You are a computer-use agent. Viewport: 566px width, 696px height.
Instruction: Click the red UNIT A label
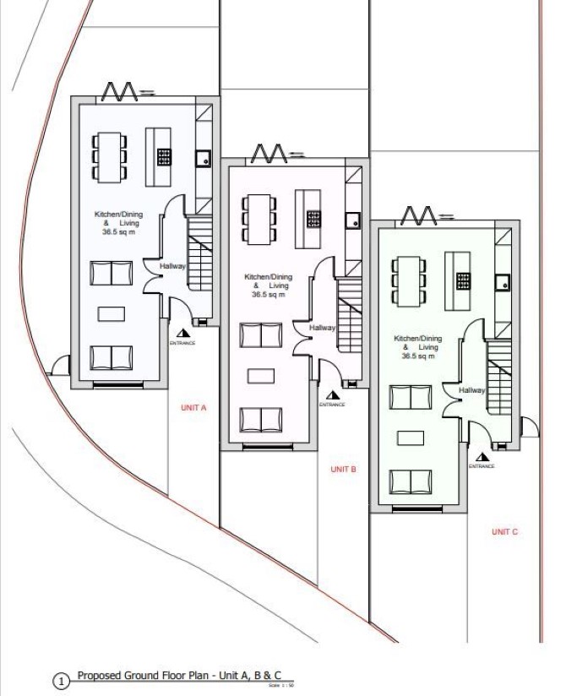[193, 407]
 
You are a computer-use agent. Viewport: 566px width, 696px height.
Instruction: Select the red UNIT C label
[503, 531]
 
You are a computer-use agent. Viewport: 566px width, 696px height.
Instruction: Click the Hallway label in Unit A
[172, 267]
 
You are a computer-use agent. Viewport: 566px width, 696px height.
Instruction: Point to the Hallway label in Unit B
[322, 328]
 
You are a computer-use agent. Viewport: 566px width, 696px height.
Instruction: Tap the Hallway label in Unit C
[472, 390]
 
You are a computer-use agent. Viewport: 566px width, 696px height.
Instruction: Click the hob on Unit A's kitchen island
[164, 155]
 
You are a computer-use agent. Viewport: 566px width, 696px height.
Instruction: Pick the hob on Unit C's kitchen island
[463, 280]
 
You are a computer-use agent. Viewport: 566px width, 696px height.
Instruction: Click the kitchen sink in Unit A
[203, 156]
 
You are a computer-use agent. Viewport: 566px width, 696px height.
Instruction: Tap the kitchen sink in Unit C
[502, 281]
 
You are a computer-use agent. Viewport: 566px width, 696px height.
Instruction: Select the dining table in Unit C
[407, 281]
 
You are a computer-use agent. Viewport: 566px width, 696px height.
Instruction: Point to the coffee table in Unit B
[261, 374]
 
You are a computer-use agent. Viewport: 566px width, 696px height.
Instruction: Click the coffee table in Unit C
[411, 438]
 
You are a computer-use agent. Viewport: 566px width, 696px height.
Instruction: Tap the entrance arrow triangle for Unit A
[182, 333]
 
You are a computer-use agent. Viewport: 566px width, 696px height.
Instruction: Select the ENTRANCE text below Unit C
[482, 466]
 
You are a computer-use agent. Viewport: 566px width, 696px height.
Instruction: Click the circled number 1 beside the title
[60, 681]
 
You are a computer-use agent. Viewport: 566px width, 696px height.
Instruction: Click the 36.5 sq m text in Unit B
[268, 295]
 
